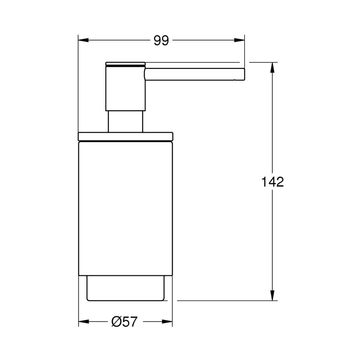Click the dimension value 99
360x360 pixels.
pos(161,41)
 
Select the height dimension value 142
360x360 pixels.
pos(273,182)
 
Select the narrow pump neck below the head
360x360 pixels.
pos(126,121)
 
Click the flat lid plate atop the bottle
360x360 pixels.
pos(126,136)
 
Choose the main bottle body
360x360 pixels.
pos(126,207)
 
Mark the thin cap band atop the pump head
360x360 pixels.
pos(126,63)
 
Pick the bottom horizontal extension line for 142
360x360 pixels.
pos(225,301)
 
